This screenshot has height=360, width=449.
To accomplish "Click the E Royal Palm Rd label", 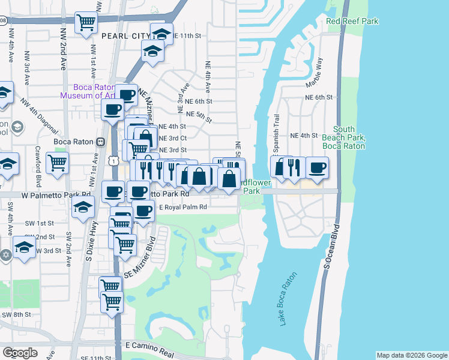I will (x=182, y=206).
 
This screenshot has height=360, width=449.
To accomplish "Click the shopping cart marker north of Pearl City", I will (x=86, y=23).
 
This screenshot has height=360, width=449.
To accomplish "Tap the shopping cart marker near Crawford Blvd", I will (x=57, y=161).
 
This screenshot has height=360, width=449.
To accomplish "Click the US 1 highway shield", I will (x=113, y=160).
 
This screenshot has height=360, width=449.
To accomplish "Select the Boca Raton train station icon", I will (x=101, y=142).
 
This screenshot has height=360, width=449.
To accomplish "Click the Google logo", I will (x=20, y=352).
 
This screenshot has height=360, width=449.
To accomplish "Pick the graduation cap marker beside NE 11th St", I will (x=161, y=32).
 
